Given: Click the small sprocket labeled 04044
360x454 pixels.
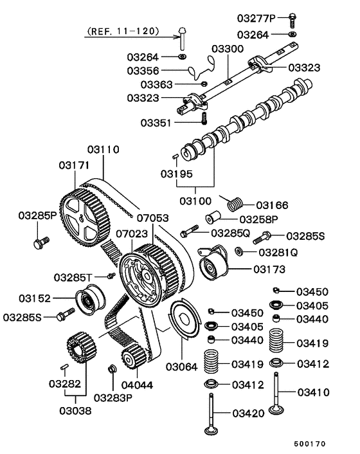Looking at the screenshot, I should click(x=132, y=356).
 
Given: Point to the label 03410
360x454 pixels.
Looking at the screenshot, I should click(x=313, y=391).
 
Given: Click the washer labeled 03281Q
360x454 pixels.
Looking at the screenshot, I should click(x=239, y=251).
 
